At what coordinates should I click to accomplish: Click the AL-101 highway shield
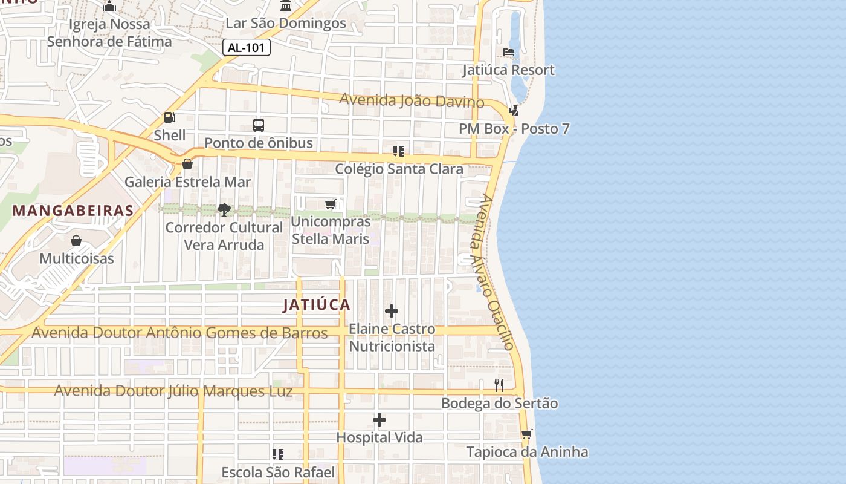coord(247,48)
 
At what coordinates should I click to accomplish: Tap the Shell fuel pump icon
coord(170,117)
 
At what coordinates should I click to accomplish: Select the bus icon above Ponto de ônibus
coord(259,125)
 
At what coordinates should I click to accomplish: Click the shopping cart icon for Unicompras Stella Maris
coord(330,204)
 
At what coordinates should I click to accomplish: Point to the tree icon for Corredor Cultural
coord(224,210)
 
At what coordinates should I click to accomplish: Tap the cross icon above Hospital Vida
coord(379,420)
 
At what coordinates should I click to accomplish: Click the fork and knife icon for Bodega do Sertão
coord(499,385)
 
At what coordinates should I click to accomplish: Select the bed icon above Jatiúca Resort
coord(509,52)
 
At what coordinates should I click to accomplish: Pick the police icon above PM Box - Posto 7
coord(514,111)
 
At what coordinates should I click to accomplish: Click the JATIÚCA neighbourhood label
coord(317,305)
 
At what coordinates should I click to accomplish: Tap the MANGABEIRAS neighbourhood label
coord(73,211)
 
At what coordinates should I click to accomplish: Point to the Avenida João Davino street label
coord(412,100)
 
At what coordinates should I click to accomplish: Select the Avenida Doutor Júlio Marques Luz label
coord(173,391)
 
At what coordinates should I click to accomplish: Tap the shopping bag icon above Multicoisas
coord(76,241)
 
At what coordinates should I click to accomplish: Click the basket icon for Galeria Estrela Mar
coord(187,164)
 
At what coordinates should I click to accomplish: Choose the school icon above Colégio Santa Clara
coord(399,151)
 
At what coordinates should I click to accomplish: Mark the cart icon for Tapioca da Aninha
coord(527,434)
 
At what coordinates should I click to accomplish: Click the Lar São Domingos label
coord(286,24)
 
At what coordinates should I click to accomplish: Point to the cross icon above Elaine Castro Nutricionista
coord(392,312)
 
